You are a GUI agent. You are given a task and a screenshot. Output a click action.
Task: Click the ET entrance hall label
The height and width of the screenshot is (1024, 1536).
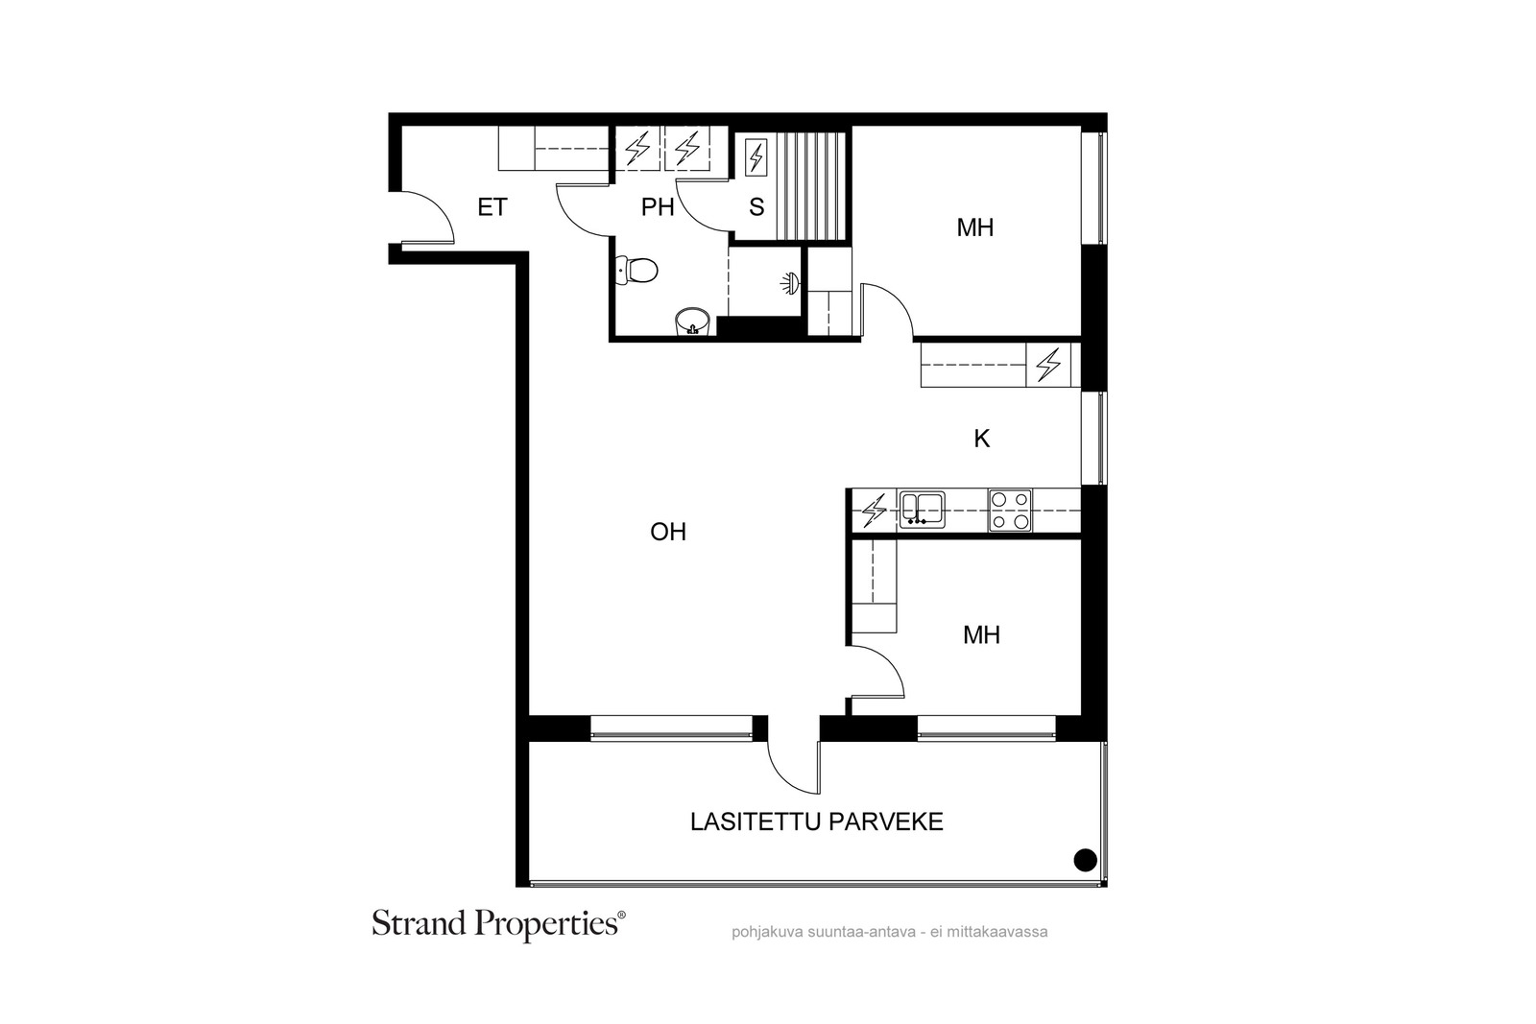click(x=492, y=207)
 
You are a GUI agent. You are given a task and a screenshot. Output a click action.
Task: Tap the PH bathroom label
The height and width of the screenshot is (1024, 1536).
click(x=657, y=207)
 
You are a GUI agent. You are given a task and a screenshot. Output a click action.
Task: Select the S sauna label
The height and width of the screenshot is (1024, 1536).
click(x=756, y=207)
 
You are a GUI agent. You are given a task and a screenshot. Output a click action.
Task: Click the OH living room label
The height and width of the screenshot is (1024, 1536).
click(x=668, y=532)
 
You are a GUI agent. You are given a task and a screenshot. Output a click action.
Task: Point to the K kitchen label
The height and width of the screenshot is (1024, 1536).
click(x=981, y=439)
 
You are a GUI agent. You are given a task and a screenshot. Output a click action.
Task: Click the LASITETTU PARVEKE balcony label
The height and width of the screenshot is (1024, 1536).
click(x=817, y=822)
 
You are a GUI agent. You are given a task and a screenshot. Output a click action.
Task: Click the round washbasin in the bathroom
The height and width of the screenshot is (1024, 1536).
click(x=692, y=322)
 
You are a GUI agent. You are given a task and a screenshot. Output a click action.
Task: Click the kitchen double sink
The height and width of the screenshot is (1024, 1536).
click(x=922, y=510)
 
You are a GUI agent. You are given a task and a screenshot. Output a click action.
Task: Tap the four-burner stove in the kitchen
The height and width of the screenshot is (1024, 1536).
click(x=1009, y=510)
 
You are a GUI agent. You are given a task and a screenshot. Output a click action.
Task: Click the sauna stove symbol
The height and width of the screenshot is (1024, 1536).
click(x=756, y=157)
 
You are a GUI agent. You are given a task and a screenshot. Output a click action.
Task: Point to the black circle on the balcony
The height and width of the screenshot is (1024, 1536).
click(x=1085, y=860)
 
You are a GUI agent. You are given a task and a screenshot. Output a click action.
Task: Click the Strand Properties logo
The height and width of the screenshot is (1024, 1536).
click(x=498, y=924)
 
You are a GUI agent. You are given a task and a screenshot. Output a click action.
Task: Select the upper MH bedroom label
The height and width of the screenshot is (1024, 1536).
click(x=975, y=227)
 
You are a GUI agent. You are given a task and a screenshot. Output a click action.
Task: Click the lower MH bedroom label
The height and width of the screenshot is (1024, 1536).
click(x=981, y=635)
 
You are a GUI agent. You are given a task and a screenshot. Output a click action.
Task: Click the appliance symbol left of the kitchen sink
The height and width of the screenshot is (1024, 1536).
click(x=874, y=510)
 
